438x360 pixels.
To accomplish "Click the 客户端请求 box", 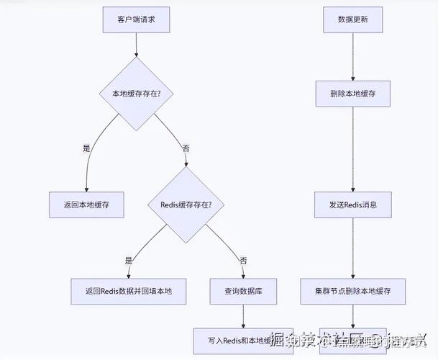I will tap(136, 19).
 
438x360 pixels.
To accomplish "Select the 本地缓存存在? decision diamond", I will tap(136, 94).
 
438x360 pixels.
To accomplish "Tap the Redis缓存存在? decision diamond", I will tap(186, 204).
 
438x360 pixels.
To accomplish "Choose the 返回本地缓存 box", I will tap(86, 204).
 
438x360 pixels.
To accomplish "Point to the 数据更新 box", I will tap(352, 19).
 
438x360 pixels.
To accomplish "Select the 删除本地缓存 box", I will tap(352, 94).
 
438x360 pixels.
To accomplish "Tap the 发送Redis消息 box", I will tap(352, 204).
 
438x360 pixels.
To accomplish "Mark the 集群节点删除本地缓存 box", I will tap(352, 290).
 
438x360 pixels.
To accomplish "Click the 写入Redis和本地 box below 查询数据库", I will tap(234, 340).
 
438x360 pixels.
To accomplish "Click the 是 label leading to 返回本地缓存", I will tap(87, 148).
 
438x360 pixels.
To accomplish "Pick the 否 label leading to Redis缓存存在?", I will tap(186, 148).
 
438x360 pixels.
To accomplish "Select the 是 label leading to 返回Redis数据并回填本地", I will tap(129, 260).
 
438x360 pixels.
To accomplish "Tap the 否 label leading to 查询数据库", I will tap(243, 260).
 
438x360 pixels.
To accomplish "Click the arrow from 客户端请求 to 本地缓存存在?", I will tap(136, 45).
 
